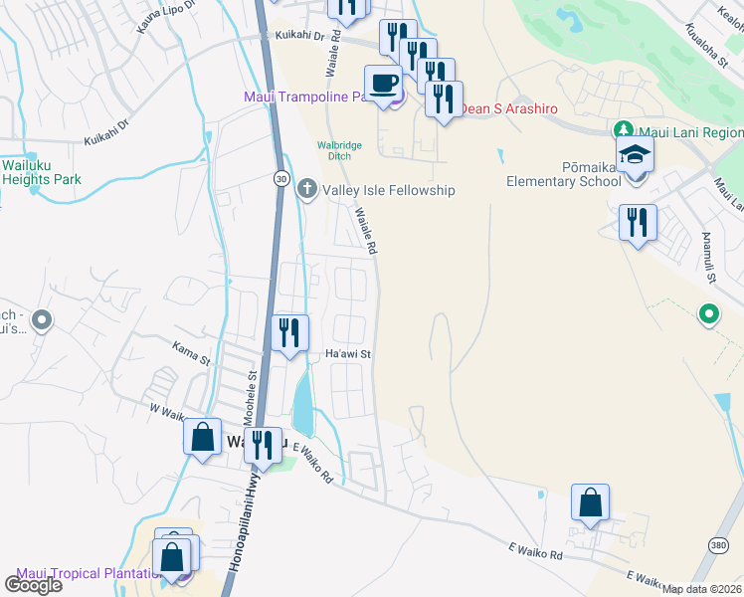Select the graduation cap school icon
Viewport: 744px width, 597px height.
coord(634,154)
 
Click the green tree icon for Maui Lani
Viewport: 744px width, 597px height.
coord(624,131)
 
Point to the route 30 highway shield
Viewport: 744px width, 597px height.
coord(282,177)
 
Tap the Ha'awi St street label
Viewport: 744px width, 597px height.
coord(348,353)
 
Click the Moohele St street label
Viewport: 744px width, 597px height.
coord(253,390)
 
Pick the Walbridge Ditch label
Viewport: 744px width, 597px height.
coord(339,150)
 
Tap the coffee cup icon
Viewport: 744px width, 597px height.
coord(383,83)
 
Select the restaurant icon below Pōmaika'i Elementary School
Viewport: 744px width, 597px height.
coord(638,222)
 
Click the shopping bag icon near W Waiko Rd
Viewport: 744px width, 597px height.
coord(202,437)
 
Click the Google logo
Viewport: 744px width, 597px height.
coord(33,584)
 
